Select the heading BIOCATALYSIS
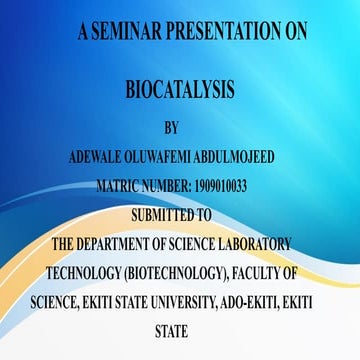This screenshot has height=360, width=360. [179, 91]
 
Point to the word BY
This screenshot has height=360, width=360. [171, 128]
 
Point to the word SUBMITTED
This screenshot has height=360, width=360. [160, 213]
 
